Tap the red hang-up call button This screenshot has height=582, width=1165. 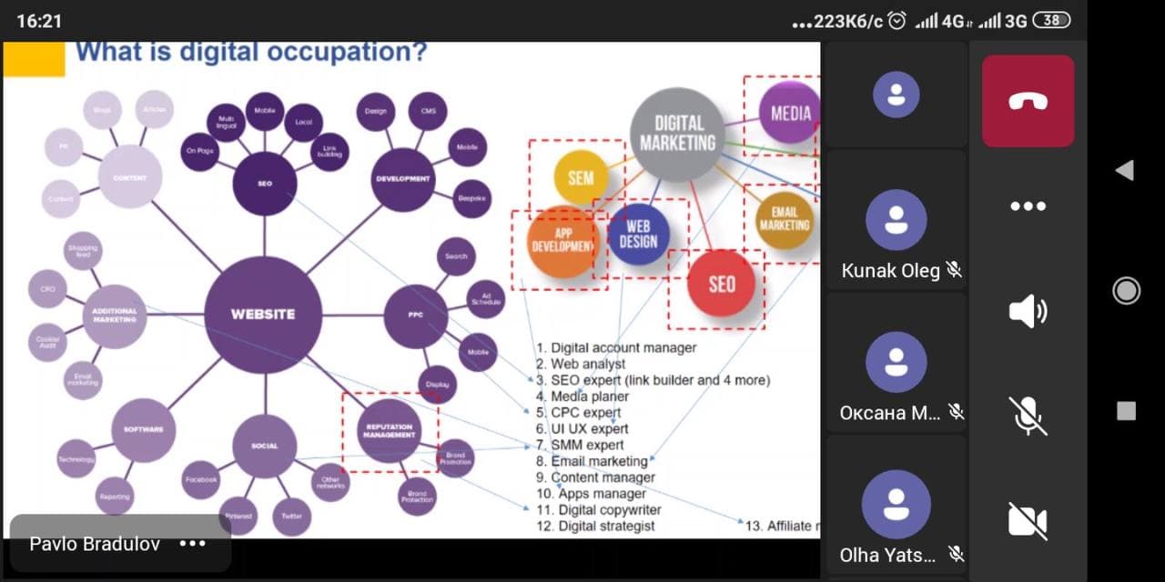(x=1028, y=101)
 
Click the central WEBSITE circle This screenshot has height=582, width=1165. (x=263, y=314)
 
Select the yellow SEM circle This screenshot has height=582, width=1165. (x=581, y=176)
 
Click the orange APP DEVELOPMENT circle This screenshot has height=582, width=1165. (x=563, y=242)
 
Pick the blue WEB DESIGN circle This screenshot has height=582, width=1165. (x=638, y=234)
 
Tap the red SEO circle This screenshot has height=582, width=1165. (x=721, y=284)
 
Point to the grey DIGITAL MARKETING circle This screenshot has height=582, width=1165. (x=678, y=134)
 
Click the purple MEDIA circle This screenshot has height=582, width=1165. (x=790, y=114)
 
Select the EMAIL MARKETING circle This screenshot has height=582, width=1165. (x=785, y=219)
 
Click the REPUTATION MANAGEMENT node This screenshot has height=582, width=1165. (x=390, y=431)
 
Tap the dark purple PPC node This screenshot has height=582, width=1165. (x=416, y=316)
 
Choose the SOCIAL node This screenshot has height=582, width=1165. (x=264, y=446)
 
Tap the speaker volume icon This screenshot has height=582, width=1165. (x=1028, y=312)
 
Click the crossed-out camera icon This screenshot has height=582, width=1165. (x=1028, y=521)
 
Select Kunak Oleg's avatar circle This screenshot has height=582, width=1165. (x=897, y=220)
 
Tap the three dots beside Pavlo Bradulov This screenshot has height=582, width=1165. (x=193, y=544)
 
